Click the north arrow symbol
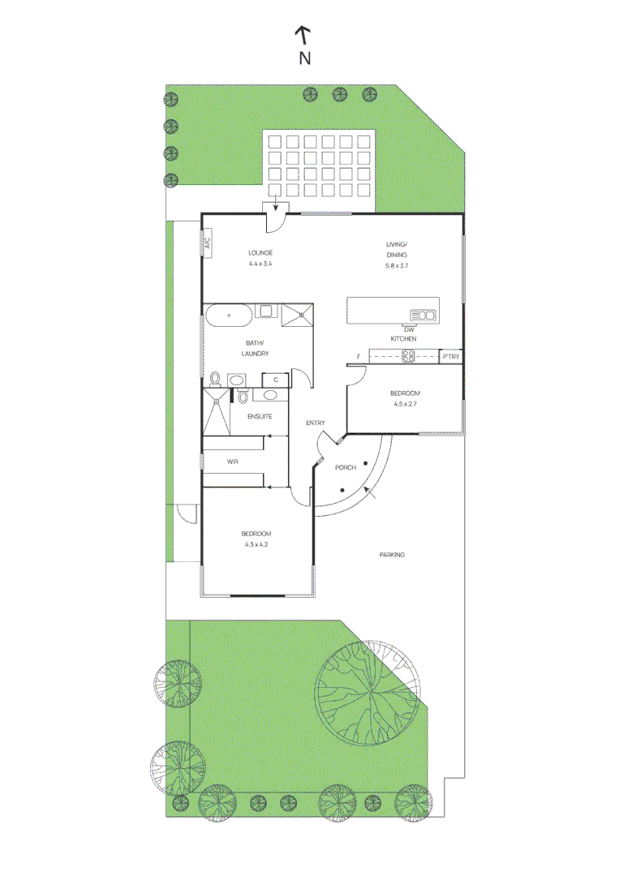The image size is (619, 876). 303,35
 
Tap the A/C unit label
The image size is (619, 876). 208,243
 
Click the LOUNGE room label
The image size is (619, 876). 260,253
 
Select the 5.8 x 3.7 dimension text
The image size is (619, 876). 402,265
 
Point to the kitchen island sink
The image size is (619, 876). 423,314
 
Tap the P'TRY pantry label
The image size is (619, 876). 451,356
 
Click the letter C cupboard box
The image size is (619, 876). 276,379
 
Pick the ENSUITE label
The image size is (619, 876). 260,416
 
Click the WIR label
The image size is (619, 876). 233,462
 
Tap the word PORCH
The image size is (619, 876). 346,468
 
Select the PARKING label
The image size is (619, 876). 392,555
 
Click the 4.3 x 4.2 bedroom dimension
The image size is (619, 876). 256,544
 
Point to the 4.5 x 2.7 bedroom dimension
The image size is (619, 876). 406,403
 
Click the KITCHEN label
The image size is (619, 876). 403,338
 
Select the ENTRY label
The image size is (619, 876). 316,423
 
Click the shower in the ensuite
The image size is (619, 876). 217,414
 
